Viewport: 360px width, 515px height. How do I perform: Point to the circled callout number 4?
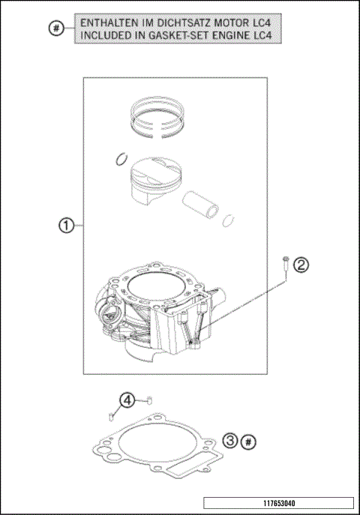click(127, 400)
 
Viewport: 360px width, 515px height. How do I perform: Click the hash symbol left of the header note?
click(54, 29)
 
